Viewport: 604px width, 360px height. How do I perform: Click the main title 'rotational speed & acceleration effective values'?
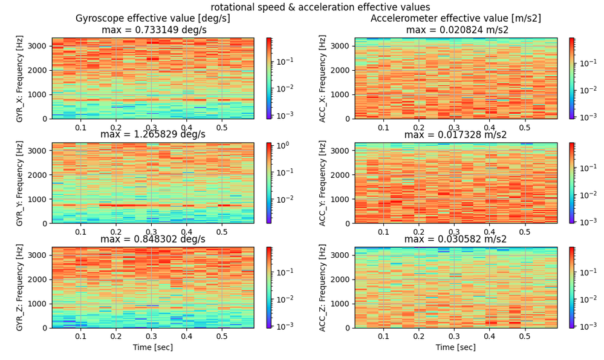point(320,7)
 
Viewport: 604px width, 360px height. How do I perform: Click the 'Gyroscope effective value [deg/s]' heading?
point(152,19)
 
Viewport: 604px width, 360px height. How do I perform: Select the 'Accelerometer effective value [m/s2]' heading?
point(455,19)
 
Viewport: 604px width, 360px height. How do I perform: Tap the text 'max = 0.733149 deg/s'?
point(152,30)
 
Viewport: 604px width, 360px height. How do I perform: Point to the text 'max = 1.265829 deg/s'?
point(152,134)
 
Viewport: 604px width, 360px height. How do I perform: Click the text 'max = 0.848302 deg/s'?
point(152,239)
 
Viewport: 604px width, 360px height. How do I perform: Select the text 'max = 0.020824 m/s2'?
point(456,30)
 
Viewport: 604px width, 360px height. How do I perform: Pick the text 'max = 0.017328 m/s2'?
point(456,134)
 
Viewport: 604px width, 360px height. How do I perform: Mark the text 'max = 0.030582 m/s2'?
point(456,239)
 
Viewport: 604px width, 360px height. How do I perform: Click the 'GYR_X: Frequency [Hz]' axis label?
point(20,78)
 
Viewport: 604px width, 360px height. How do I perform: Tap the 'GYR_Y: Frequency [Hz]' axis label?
point(20,183)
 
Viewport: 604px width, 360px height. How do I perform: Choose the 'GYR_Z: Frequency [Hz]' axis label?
point(20,287)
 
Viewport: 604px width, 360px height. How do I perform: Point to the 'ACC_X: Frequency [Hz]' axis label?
point(323,78)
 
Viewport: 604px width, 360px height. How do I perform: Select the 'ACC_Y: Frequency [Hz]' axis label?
point(323,183)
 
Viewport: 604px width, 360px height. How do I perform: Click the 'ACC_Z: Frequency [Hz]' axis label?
point(323,287)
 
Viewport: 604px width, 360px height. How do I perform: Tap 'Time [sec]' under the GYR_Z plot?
point(152,347)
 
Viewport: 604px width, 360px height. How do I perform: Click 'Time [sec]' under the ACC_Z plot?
point(456,347)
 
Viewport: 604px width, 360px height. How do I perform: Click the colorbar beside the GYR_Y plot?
point(268,183)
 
